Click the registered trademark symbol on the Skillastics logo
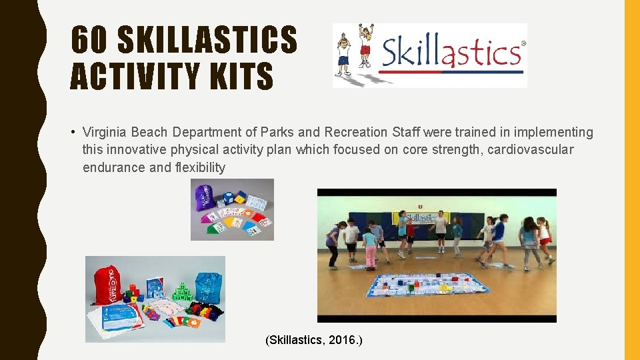(x=523, y=43)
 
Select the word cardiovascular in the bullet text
(x=530, y=149)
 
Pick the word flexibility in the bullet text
(x=199, y=167)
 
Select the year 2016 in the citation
(x=345, y=340)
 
